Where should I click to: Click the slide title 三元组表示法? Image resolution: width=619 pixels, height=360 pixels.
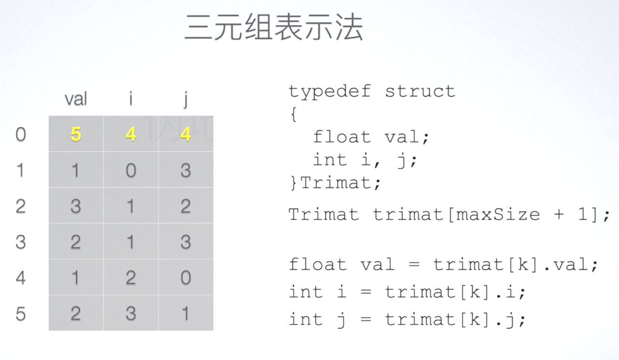click(x=274, y=28)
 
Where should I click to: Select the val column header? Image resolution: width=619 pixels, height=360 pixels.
click(x=76, y=99)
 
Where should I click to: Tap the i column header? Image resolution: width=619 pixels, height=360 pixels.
click(x=130, y=99)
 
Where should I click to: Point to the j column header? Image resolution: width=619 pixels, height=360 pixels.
click(x=186, y=100)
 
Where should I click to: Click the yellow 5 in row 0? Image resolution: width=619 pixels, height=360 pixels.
click(x=76, y=134)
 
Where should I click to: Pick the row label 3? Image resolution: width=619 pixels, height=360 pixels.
click(x=20, y=242)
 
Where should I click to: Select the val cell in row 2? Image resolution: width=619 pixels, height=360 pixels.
click(x=76, y=206)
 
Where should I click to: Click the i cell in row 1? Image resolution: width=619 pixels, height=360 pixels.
click(x=130, y=170)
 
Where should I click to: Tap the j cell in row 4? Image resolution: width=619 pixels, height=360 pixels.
click(x=186, y=278)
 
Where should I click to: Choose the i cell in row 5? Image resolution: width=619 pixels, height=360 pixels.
click(x=130, y=314)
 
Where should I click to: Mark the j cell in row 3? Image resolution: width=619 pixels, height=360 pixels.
click(x=186, y=242)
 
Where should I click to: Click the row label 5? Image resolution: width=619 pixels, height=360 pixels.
click(x=20, y=314)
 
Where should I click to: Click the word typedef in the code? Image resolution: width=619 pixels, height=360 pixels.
click(x=330, y=91)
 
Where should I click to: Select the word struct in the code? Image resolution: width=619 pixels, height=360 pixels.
click(x=420, y=91)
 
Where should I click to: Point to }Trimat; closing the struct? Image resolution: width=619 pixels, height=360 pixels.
click(x=335, y=183)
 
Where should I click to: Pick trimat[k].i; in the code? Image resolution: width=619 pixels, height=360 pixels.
click(x=455, y=292)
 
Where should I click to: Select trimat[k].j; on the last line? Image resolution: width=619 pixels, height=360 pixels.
click(x=455, y=319)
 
